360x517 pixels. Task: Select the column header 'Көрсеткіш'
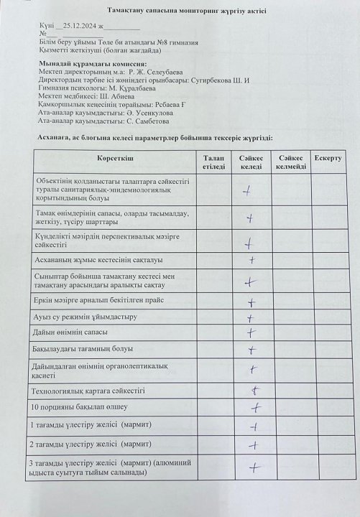click(115, 157)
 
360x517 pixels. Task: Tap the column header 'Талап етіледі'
click(213, 161)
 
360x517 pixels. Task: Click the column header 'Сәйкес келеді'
click(251, 161)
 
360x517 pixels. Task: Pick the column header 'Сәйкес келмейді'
click(291, 161)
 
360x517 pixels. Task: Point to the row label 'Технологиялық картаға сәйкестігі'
click(89, 391)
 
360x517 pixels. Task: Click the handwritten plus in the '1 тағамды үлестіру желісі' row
click(253, 426)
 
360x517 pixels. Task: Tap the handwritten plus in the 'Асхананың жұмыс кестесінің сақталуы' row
click(251, 260)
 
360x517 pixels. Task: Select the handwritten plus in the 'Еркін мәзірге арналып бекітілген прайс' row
click(251, 301)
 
